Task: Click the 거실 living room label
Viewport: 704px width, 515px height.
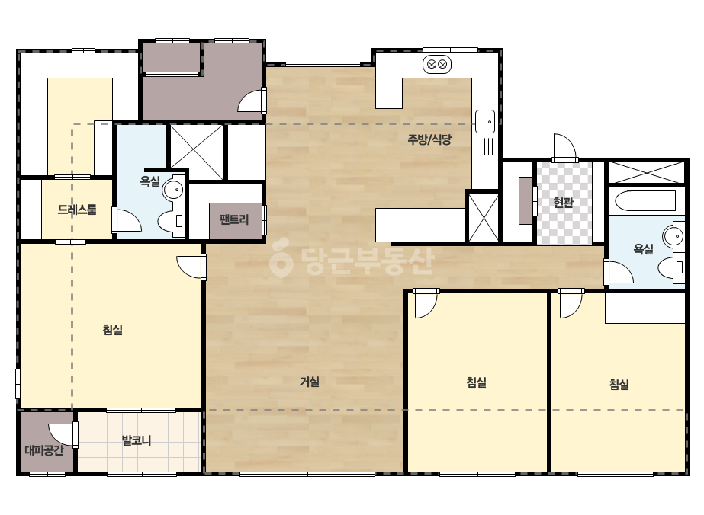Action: coord(310,382)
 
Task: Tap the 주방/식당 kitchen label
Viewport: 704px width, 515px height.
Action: coord(429,139)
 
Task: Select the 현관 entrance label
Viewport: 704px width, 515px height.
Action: coord(564,203)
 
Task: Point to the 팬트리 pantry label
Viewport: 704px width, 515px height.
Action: coord(234,219)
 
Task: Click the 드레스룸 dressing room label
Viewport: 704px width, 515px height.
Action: coord(77,210)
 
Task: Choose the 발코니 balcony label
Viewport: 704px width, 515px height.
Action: coord(137,440)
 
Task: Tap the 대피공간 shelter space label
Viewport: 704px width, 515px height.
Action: coord(44,450)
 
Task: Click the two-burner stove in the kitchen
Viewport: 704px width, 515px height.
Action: coord(437,65)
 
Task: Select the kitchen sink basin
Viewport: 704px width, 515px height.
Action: coord(485,121)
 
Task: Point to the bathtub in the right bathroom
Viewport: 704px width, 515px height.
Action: coord(645,201)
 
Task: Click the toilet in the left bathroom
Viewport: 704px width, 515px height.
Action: coord(171,221)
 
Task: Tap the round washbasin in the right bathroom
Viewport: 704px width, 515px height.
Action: coord(673,235)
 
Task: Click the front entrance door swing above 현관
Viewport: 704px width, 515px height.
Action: coord(564,147)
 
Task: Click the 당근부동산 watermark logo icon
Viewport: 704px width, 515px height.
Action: coord(281,258)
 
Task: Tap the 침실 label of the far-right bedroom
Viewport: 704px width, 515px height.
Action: coord(619,384)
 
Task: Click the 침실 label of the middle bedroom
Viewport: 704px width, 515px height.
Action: coord(477,382)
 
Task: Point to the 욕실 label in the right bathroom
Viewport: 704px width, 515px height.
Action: coord(643,248)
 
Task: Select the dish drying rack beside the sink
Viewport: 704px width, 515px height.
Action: coord(484,146)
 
